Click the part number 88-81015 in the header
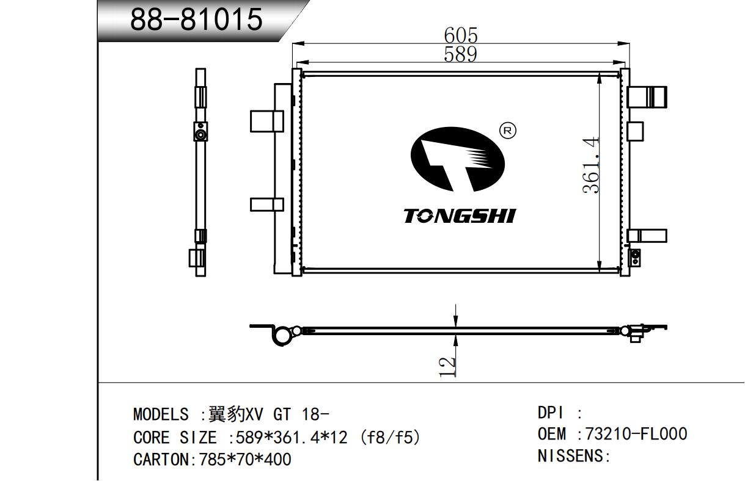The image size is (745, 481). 196,20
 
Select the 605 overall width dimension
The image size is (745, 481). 461,35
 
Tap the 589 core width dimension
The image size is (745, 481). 461,54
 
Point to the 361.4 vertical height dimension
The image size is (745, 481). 591,165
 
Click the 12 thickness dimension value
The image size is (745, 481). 447,367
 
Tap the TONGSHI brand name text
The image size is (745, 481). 460,216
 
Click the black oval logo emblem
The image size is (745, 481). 458,159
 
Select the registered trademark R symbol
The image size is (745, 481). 508,131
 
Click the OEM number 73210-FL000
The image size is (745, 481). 636,434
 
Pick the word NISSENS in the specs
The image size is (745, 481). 570,456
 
